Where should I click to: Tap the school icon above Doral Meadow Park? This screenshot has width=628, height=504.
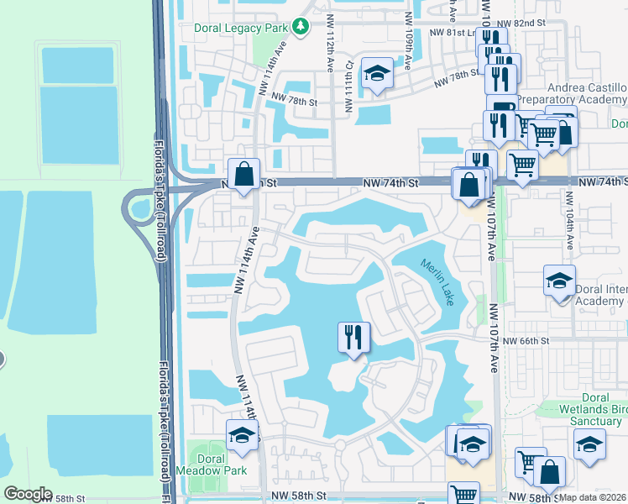tap(242, 435)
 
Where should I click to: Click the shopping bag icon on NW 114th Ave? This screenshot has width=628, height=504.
tap(243, 175)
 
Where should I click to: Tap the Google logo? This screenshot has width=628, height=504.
tap(28, 494)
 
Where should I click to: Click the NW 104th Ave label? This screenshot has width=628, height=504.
tap(569, 220)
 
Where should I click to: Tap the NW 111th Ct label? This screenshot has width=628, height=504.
tap(347, 92)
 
